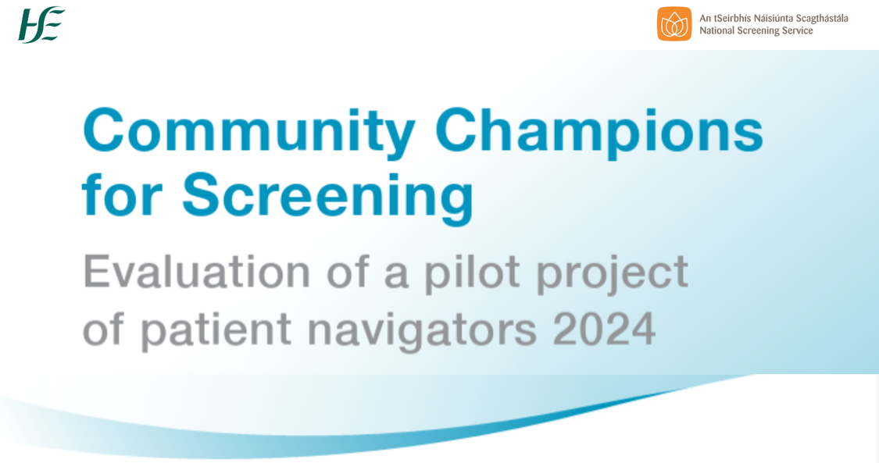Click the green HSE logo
(41, 24)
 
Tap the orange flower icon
(674, 24)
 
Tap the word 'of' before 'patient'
(103, 329)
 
